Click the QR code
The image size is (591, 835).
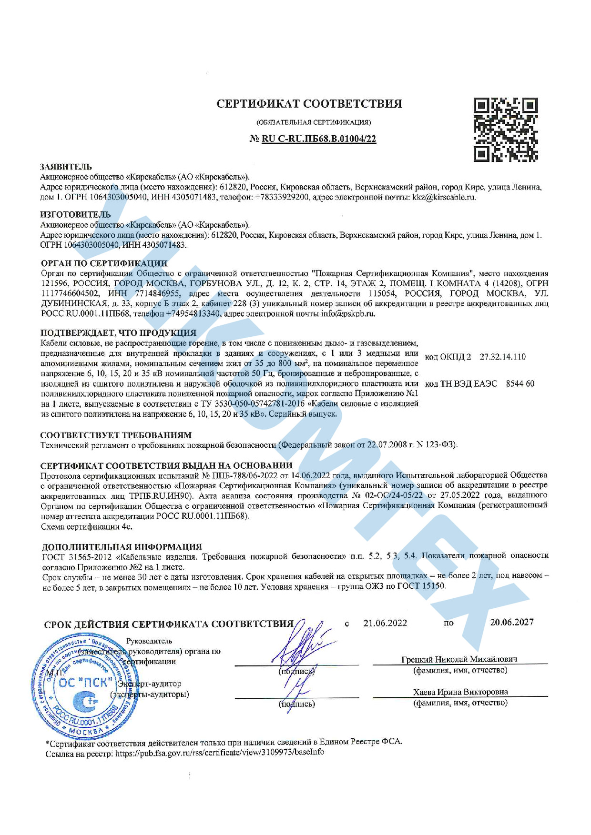pos(505,130)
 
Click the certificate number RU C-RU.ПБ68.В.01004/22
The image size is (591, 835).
pos(318,139)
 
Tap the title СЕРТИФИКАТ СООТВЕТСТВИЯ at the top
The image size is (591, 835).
pos(309,104)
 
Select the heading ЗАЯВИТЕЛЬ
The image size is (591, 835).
pos(66,167)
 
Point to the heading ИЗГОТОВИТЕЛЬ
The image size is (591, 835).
pos(75,214)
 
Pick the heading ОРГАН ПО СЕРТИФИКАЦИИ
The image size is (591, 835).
pos(104,263)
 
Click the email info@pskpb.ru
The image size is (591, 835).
pos(348,313)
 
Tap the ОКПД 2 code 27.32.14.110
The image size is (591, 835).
pos(502,357)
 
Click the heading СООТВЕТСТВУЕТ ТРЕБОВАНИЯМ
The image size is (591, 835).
pos(116,435)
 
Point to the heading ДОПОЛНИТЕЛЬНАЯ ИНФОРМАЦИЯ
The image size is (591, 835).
pos(122,546)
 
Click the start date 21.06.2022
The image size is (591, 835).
pos(385,623)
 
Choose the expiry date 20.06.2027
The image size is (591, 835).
pos(511,622)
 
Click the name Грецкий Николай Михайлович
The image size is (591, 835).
pos(459,659)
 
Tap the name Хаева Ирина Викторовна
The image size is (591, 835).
pos(460,692)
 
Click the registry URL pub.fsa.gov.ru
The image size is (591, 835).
pos(219,752)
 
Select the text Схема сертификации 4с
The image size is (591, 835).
pos(86,527)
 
